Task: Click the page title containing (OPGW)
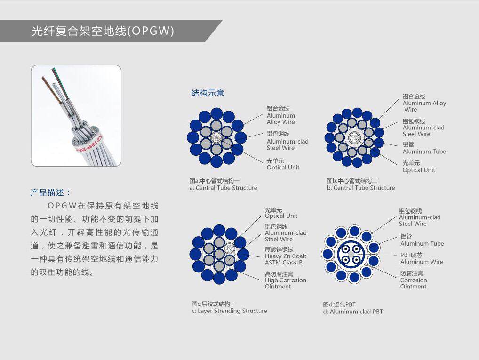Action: click(x=103, y=31)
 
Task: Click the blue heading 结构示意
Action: click(x=208, y=93)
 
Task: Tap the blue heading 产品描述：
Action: click(x=51, y=192)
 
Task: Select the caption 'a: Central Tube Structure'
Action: click(x=224, y=188)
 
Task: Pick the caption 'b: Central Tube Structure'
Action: click(x=361, y=188)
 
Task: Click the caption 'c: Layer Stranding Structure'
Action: click(x=229, y=311)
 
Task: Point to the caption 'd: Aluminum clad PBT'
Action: click(x=353, y=312)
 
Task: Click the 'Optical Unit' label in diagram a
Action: click(x=283, y=168)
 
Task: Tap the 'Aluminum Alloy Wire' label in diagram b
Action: click(x=424, y=106)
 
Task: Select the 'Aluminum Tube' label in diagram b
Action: click(x=424, y=152)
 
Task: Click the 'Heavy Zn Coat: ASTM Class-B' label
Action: click(x=285, y=259)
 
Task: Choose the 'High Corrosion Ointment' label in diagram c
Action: click(x=285, y=283)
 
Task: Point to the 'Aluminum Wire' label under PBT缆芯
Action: click(x=422, y=262)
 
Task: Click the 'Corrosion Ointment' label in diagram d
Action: click(x=413, y=283)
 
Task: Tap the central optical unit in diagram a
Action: click(x=216, y=138)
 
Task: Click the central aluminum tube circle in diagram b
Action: click(x=354, y=137)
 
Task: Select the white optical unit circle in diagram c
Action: click(x=229, y=248)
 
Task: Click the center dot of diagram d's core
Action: click(x=351, y=255)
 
